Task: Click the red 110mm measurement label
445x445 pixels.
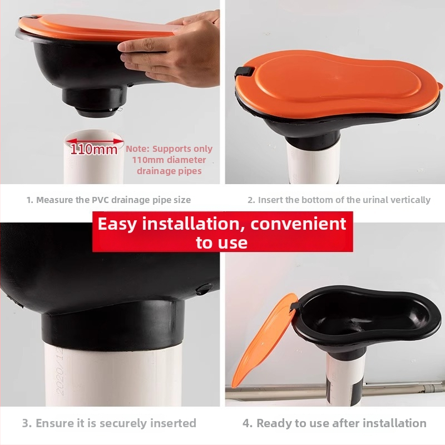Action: coord(94,149)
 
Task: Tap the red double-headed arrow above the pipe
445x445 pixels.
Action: coord(94,141)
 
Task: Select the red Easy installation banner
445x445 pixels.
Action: coord(222,231)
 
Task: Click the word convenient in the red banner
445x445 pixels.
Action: coord(298,224)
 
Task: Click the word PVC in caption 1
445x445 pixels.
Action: coord(100,200)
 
